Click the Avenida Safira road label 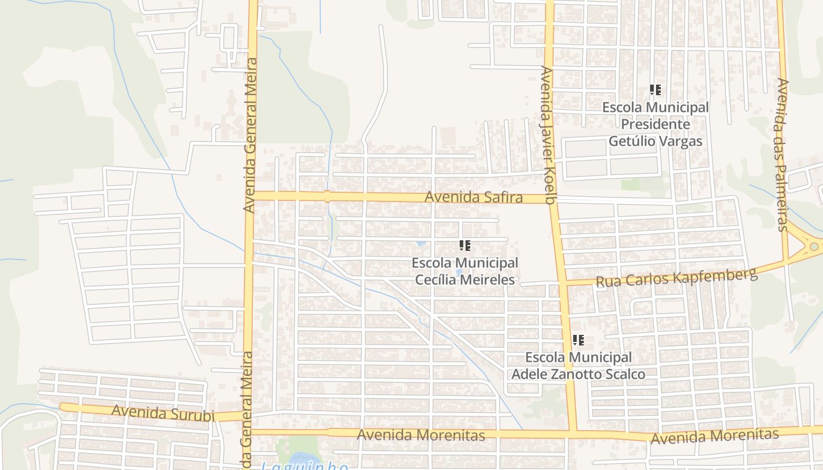[474, 197]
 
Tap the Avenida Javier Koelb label [548, 135]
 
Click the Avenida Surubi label [162, 412]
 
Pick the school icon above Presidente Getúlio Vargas [655, 90]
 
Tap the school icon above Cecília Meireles [465, 245]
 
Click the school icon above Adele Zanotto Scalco [578, 340]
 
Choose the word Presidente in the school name [655, 125]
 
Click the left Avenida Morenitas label [421, 435]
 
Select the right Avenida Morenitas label [714, 437]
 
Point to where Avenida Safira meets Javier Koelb [551, 199]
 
